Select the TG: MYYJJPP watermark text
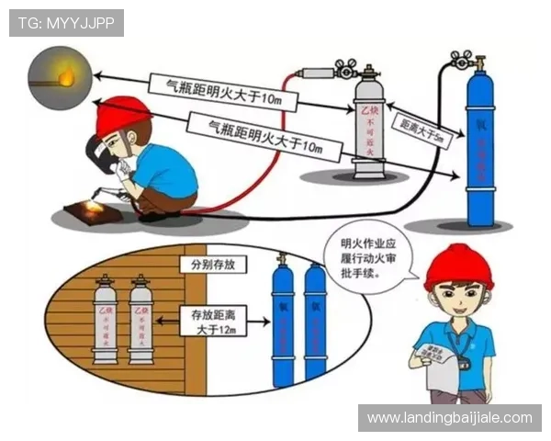[65, 22]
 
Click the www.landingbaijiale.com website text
[448, 418]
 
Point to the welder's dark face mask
[97, 153]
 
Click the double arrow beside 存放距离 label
[169, 321]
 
